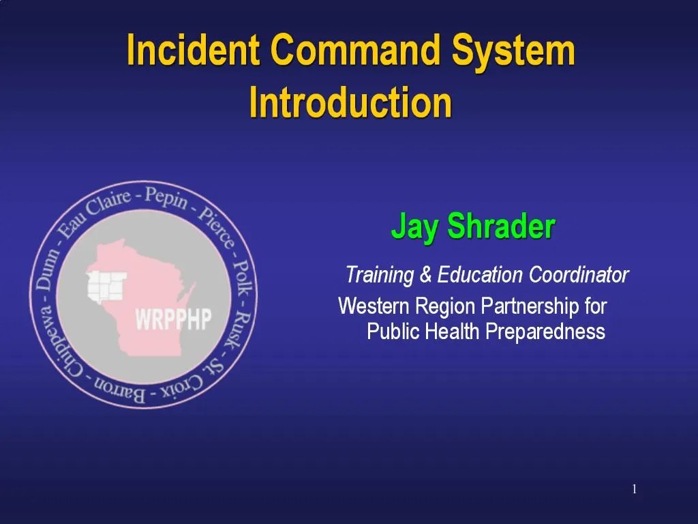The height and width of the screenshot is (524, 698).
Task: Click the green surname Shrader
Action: [x=501, y=227]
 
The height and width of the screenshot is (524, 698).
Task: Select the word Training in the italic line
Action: [x=380, y=275]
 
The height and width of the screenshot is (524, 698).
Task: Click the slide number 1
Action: [x=634, y=489]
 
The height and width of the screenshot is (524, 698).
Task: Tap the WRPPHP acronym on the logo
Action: [x=173, y=319]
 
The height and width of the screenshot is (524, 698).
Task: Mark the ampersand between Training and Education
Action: [x=425, y=276]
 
